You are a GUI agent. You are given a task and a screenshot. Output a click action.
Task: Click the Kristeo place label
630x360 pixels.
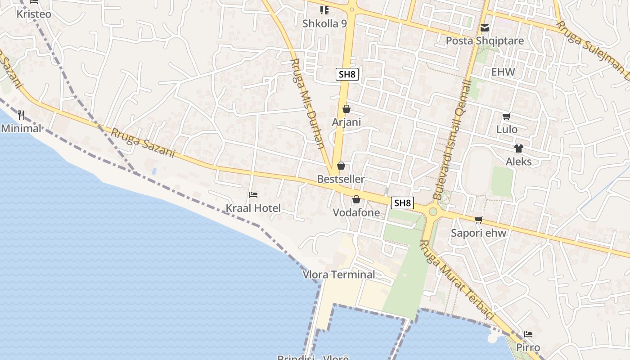(x=34, y=14)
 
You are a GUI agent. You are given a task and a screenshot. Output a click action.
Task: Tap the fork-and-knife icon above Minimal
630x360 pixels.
(x=21, y=116)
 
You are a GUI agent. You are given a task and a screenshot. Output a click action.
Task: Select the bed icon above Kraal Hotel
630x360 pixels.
(x=253, y=195)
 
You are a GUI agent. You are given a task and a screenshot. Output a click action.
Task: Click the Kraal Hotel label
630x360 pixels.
(x=253, y=208)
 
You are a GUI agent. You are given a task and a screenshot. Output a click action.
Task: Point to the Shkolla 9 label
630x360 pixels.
(x=324, y=23)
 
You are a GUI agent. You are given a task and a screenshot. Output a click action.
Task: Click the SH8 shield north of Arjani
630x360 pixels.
(x=347, y=74)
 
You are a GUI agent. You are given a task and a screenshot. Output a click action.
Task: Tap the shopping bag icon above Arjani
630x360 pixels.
(x=346, y=109)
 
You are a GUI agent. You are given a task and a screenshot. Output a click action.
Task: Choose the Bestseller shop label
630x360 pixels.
(x=341, y=179)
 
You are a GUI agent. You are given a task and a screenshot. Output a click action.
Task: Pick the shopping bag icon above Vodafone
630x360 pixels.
(x=356, y=199)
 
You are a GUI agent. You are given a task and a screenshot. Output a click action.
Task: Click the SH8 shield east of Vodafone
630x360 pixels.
(x=402, y=203)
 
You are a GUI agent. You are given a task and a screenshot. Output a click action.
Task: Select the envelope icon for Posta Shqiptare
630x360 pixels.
(x=485, y=28)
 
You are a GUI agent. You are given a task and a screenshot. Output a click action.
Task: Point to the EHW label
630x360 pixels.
(x=503, y=72)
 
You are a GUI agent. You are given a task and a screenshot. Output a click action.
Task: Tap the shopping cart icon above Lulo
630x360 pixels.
(x=507, y=117)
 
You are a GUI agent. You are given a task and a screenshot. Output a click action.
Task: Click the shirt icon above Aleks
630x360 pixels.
(x=519, y=148)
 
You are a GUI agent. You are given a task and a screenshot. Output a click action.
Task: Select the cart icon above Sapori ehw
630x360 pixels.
(x=478, y=220)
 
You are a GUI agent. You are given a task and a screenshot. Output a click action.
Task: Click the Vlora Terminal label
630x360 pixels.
(x=339, y=274)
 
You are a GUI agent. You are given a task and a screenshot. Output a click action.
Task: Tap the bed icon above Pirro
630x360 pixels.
(x=528, y=334)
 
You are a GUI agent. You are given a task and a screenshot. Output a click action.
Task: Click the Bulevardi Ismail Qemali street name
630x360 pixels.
(x=451, y=139)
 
